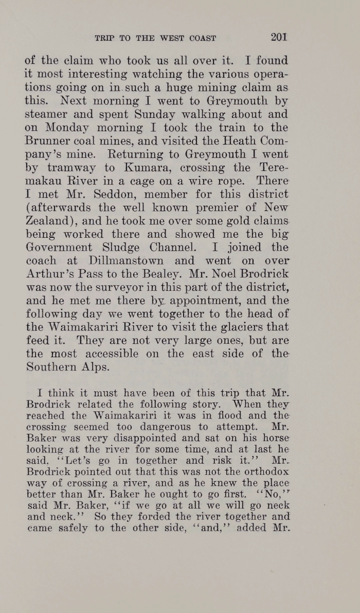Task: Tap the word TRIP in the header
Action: [x=105, y=38]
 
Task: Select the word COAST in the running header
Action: [x=203, y=38]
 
